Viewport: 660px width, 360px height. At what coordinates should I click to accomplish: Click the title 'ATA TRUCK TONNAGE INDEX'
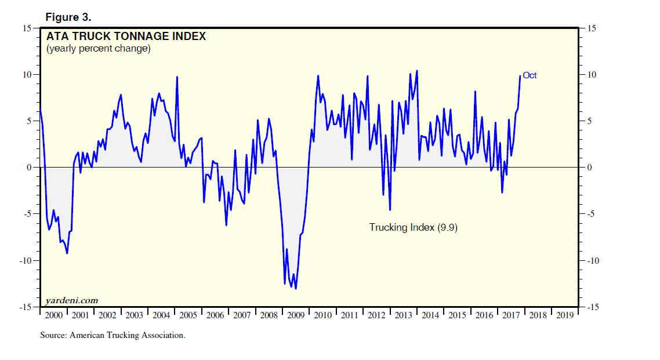(x=126, y=37)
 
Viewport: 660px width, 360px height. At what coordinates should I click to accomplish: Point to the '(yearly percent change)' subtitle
(x=98, y=49)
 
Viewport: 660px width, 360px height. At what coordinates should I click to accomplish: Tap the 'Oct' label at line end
(x=530, y=75)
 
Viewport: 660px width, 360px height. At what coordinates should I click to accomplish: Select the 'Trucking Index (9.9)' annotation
(x=414, y=227)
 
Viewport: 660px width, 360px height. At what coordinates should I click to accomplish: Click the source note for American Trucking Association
(x=113, y=335)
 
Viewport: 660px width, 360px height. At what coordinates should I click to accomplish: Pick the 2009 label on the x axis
(x=296, y=315)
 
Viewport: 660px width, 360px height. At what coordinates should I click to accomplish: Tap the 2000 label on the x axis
(x=54, y=315)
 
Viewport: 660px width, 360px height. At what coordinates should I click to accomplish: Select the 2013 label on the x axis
(x=403, y=315)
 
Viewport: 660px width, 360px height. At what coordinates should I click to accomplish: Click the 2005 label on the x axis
(x=188, y=315)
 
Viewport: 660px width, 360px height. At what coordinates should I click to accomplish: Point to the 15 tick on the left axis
(x=27, y=28)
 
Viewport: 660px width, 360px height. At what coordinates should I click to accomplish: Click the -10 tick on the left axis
(x=25, y=261)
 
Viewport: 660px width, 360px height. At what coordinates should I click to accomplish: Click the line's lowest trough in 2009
(x=296, y=288)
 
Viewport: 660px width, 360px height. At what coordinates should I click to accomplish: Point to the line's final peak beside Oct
(x=520, y=76)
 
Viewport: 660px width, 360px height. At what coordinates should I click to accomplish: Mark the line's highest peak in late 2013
(x=417, y=71)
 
